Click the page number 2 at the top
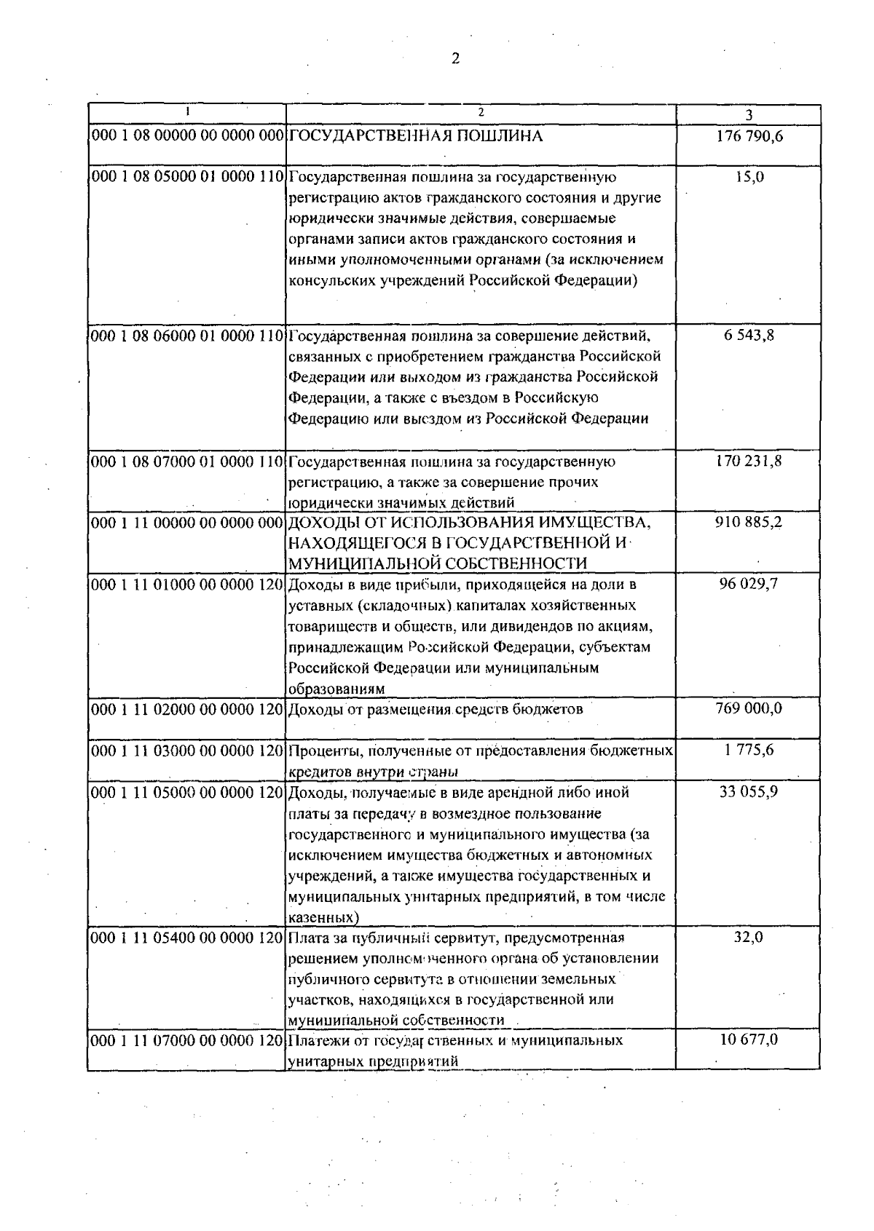click(x=455, y=60)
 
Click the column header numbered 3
click(x=749, y=115)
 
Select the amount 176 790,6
click(x=749, y=136)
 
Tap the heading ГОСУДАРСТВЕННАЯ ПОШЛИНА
click(x=416, y=136)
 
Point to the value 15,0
click(x=749, y=177)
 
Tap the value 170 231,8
click(x=749, y=461)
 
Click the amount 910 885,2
click(x=749, y=522)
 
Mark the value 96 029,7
click(x=749, y=584)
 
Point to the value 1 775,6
click(x=749, y=750)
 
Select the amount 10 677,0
click(x=749, y=1040)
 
